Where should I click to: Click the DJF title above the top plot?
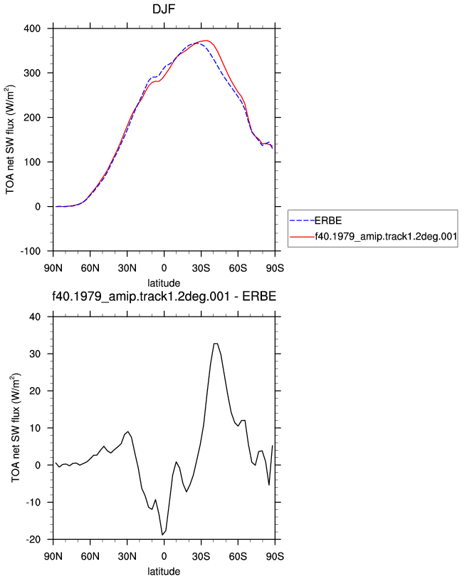pos(164,9)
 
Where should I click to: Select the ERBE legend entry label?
pos(327,220)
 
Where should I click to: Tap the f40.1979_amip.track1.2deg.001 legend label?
pos(386,236)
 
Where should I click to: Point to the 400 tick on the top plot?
pos(32,29)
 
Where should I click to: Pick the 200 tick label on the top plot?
pos(32,118)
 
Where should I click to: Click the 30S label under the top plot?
pos(201,267)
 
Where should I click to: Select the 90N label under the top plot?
pos(53,267)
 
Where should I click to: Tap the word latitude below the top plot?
pos(164,283)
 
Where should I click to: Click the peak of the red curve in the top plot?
pos(206,40)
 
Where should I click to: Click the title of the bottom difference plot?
pos(164,296)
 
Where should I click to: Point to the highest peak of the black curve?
pos(216,344)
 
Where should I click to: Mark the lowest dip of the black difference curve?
pos(162,535)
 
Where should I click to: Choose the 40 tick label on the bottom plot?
pos(35,317)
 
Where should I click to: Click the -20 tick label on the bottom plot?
pos(33,540)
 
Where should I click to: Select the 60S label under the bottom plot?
pos(238,556)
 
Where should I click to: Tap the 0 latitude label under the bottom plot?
pos(164,556)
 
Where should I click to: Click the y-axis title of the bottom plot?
pos(16,428)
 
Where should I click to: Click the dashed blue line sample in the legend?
pos(302,220)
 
